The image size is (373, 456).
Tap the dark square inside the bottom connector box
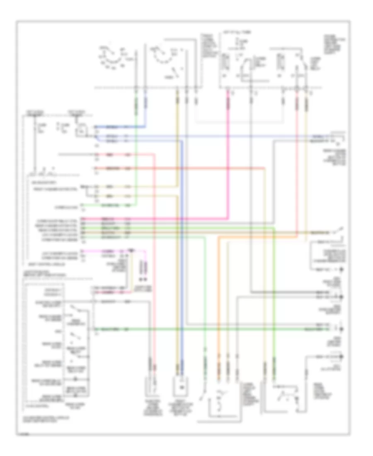(x=181, y=387)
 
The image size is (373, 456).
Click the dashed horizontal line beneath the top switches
(x=207, y=87)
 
